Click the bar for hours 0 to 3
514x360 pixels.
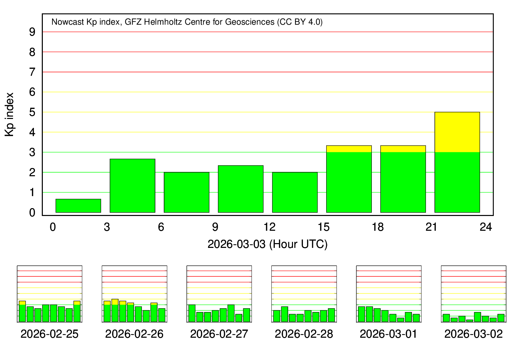pyautogui.click(x=78, y=206)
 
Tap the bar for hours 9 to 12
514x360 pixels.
pyautogui.click(x=241, y=189)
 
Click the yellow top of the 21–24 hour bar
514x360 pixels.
pyautogui.click(x=457, y=132)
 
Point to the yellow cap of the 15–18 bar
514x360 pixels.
pyautogui.click(x=349, y=149)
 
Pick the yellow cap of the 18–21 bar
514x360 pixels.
pyautogui.click(x=403, y=149)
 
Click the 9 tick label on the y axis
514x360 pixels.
pyautogui.click(x=32, y=32)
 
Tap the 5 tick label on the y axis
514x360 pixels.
pyautogui.click(x=32, y=112)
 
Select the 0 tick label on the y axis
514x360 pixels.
pyautogui.click(x=32, y=213)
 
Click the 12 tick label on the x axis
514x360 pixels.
pyautogui.click(x=269, y=227)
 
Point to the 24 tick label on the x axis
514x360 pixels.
pyautogui.click(x=486, y=227)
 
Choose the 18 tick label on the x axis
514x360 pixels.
pyautogui.click(x=378, y=227)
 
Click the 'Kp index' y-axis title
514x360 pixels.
pyautogui.click(x=10, y=115)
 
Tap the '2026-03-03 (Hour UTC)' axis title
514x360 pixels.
pyautogui.click(x=267, y=244)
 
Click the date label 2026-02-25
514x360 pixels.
pyautogui.click(x=49, y=334)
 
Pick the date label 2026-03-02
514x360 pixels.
pyautogui.click(x=473, y=334)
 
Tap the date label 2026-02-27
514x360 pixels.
pyautogui.click(x=219, y=334)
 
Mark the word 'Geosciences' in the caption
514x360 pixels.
pyautogui.click(x=254, y=22)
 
